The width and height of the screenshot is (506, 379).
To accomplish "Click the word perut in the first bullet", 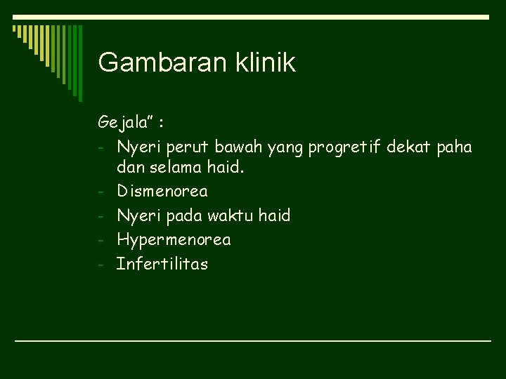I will click(187, 147).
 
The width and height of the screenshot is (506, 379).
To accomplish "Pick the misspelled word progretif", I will click(344, 147).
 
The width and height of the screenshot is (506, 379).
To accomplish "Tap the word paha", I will click(455, 147).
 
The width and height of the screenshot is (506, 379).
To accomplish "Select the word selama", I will click(173, 168).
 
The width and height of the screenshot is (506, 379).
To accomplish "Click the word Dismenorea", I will click(162, 191).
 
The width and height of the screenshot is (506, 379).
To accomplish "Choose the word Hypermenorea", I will click(174, 240).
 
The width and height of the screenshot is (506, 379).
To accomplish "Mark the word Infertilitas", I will click(162, 265).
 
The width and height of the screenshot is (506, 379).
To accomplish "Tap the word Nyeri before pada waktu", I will click(136, 215).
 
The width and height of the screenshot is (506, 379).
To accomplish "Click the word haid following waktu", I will click(274, 215).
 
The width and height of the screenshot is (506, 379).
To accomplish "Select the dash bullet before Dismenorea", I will click(102, 192).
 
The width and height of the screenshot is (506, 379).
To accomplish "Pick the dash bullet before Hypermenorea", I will click(102, 241).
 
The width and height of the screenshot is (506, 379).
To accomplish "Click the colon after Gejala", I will click(162, 124).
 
